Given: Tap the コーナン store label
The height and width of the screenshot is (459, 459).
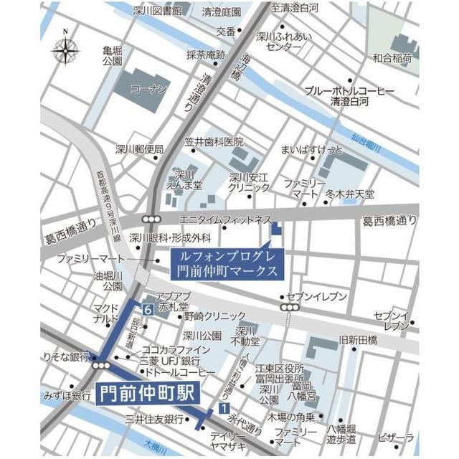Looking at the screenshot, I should tap(148, 89).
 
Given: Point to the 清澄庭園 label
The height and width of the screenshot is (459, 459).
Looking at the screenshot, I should tap(221, 12).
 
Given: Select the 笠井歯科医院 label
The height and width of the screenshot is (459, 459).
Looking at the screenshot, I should tap(214, 142).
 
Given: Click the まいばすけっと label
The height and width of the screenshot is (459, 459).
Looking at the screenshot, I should tap(312, 151).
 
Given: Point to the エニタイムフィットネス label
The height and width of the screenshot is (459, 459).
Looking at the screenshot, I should tap(225, 218).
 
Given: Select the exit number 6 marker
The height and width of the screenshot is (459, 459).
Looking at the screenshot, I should tap(146, 310).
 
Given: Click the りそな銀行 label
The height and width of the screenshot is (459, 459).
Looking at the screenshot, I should tap(65, 356).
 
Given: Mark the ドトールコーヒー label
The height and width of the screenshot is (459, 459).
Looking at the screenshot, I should tap(180, 374).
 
